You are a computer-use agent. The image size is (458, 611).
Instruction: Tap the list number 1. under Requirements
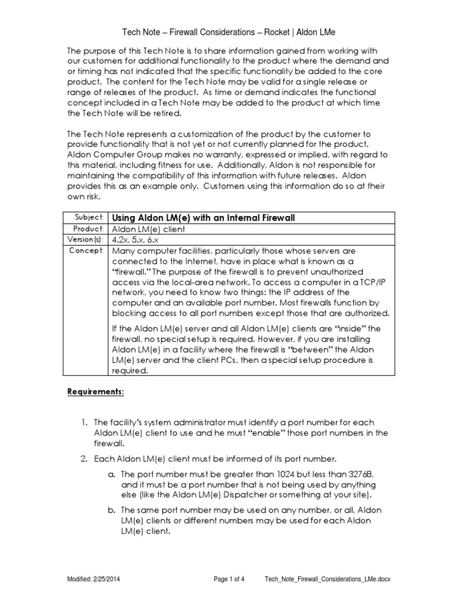coord(85,422)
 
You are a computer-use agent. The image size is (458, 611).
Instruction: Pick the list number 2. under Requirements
coord(85,459)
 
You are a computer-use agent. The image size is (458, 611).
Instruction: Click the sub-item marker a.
coord(110,474)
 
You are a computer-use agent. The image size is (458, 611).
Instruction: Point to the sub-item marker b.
coord(110,510)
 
